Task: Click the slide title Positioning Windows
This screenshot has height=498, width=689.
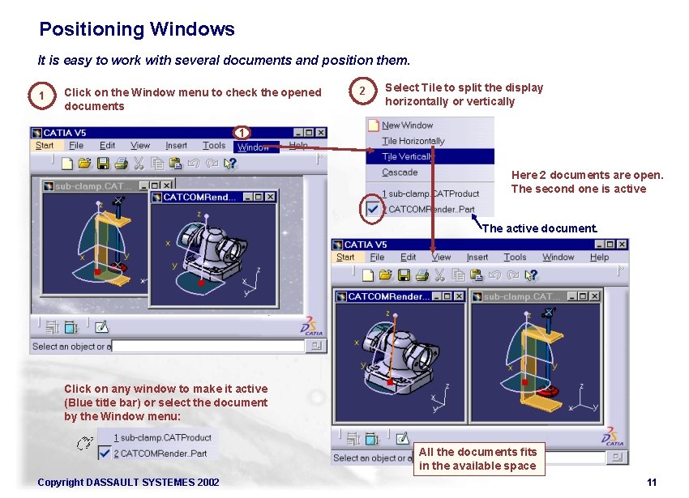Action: (x=137, y=30)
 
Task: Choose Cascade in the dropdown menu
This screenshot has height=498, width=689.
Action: (x=400, y=172)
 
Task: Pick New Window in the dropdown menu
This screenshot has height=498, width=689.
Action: (x=407, y=126)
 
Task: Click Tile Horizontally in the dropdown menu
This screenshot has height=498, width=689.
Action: (x=413, y=141)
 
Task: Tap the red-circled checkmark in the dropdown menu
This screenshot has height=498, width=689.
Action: (x=372, y=210)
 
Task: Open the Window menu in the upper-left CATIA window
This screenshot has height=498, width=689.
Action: (x=253, y=147)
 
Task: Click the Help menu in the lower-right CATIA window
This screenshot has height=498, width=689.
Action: (x=599, y=258)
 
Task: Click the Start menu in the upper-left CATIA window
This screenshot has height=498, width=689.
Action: (x=45, y=146)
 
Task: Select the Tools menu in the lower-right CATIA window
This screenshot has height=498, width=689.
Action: (x=515, y=258)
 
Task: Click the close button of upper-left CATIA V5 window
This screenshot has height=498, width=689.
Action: (x=320, y=132)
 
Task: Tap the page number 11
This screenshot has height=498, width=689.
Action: (x=651, y=483)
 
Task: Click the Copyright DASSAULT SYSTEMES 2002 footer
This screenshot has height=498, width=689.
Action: (x=128, y=483)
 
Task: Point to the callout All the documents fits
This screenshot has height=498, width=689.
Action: (x=477, y=458)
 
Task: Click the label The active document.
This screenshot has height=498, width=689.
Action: (x=540, y=228)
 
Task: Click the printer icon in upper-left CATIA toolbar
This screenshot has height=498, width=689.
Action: (x=121, y=164)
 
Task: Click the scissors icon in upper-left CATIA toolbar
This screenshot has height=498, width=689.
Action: (x=139, y=164)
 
